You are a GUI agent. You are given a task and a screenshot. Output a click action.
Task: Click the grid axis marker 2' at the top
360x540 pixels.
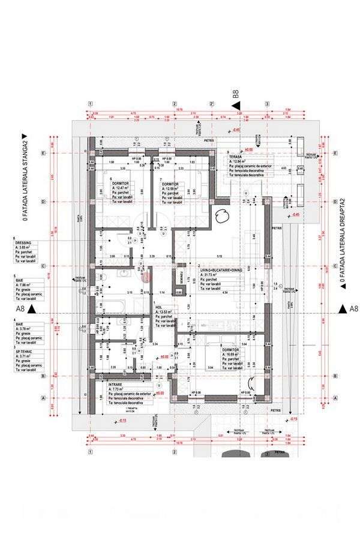(212, 103)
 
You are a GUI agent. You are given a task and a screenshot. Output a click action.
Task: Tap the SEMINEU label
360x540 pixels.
(178, 280)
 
